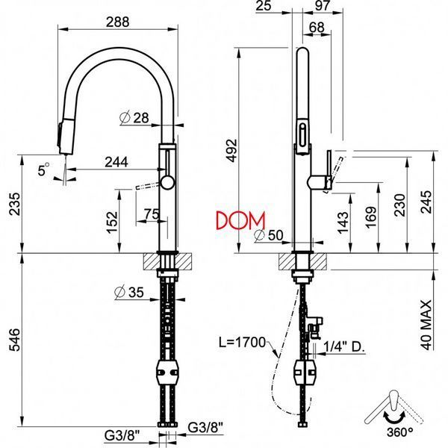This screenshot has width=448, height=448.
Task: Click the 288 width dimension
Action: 117,22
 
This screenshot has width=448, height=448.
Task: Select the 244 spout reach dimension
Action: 116,162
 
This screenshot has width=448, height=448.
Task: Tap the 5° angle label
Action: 43,169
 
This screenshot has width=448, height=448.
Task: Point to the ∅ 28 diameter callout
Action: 134,117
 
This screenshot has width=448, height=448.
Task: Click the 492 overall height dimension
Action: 231,151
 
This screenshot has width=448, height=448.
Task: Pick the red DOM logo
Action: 240,221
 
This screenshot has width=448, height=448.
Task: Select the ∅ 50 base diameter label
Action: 269,235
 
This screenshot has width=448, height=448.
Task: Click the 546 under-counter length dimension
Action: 14,340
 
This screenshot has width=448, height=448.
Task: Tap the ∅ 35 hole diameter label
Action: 129,292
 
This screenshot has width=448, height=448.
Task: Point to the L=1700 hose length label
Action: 242,342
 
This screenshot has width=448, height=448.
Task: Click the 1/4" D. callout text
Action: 344,346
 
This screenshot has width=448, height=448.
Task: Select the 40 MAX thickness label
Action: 426,325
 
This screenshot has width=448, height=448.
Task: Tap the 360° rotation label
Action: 399,432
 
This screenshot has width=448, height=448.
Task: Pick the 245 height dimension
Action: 426,202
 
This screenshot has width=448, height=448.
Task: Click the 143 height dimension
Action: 343,223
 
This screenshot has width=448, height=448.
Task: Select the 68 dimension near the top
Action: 317,28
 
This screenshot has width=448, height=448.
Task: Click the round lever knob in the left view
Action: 167,183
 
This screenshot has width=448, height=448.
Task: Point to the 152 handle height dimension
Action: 112,223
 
